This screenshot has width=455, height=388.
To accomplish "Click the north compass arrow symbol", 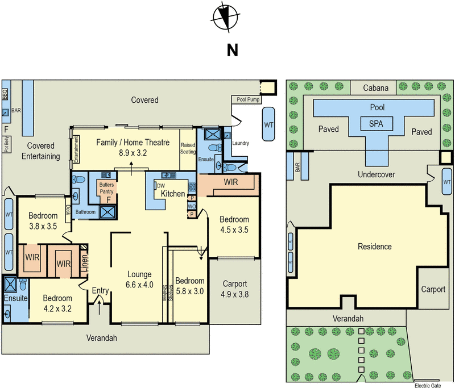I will pyautogui.click(x=226, y=16).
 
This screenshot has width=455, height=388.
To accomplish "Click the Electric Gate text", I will pyautogui.click(x=427, y=385).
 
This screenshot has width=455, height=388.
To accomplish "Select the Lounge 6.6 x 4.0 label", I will pyautogui.click(x=140, y=280).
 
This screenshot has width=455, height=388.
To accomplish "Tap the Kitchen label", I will pyautogui.click(x=172, y=194).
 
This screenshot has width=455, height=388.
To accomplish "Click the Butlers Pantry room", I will pyautogui.click(x=106, y=188).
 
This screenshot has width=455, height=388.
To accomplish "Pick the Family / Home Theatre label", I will pyautogui.click(x=133, y=147).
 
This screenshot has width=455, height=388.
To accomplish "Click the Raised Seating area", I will pyautogui.click(x=188, y=148).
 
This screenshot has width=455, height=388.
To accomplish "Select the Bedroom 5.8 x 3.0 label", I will pyautogui.click(x=189, y=286).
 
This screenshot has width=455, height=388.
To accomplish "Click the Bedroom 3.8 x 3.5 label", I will pyautogui.click(x=43, y=220).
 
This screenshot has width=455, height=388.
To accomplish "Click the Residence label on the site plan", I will pyautogui.click(x=374, y=247).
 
